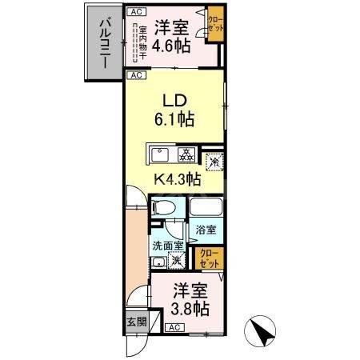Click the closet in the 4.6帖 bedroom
pyautogui.click(x=215, y=24)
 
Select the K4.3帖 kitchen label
pyautogui.click(x=176, y=179)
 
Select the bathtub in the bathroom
pyautogui.click(x=206, y=209)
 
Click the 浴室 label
pyautogui.click(x=206, y=230)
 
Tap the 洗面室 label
pyautogui.click(x=168, y=246)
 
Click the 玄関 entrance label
pyautogui.click(x=135, y=323)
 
